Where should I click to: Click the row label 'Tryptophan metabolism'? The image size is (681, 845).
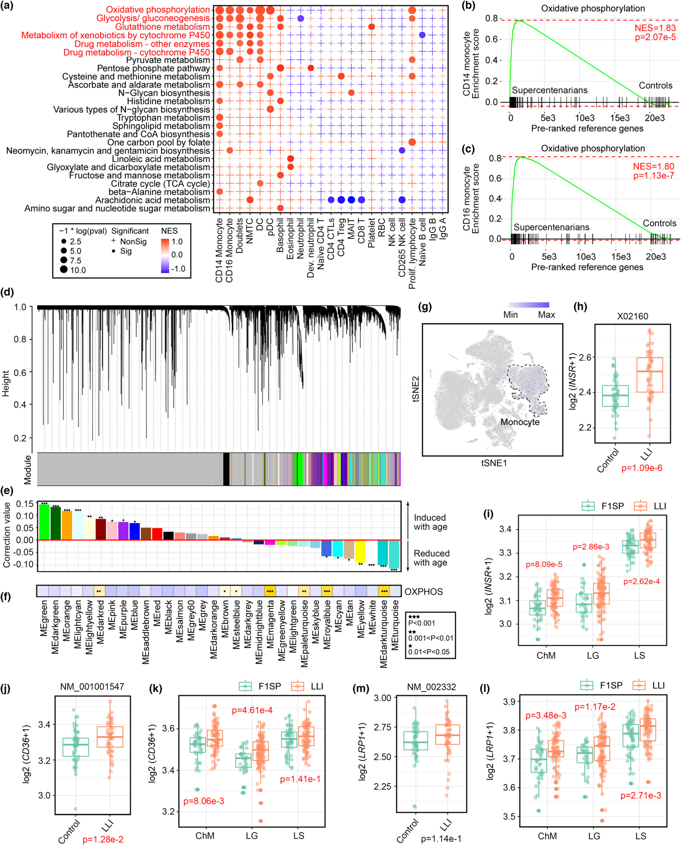tap(164, 118)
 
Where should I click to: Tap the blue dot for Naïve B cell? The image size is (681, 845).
tap(422, 35)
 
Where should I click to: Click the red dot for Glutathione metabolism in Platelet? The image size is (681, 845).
tap(372, 27)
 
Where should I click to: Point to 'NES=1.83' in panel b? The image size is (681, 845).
tap(655, 28)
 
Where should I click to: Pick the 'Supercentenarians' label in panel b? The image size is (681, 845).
tap(549, 90)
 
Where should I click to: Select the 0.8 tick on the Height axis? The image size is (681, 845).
tap(20, 339)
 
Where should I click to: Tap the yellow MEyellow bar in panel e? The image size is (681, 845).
tap(360, 551)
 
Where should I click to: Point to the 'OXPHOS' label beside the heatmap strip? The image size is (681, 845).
tap(423, 591)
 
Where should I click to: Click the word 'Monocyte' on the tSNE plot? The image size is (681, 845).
tap(520, 422)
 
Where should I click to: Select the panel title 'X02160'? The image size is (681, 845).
tap(632, 316)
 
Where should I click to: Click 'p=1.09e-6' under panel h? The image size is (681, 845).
tap(642, 467)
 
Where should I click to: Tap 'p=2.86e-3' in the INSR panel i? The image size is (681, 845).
tap(591, 547)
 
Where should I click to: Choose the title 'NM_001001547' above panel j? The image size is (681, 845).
tap(92, 687)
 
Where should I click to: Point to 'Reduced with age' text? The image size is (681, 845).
tap(431, 558)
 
